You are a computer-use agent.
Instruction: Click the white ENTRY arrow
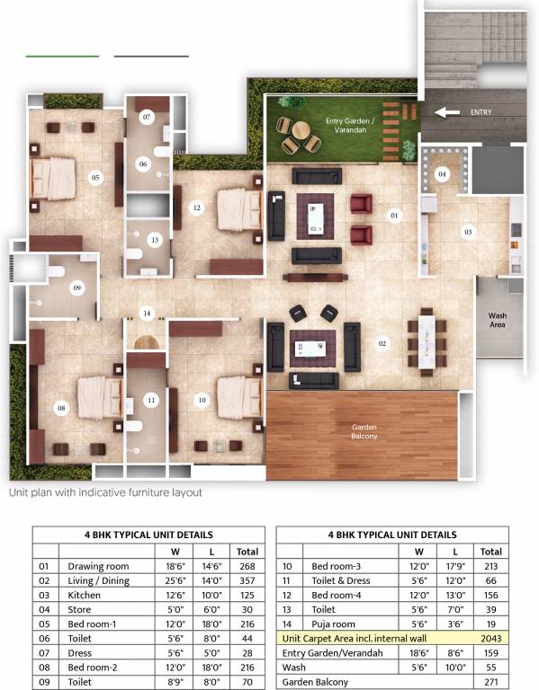pyautogui.click(x=447, y=112)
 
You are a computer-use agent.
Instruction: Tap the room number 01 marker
pyautogui.click(x=394, y=216)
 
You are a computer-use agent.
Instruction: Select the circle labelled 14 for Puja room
pyautogui.click(x=147, y=314)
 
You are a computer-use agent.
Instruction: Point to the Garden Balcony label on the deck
pyautogui.click(x=364, y=431)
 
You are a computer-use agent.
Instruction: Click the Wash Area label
pyautogui.click(x=497, y=320)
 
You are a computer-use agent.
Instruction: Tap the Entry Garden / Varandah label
pyautogui.click(x=350, y=126)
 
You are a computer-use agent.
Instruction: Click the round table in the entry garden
pyautogui.click(x=301, y=129)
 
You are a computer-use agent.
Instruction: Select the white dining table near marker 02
pyautogui.click(x=427, y=342)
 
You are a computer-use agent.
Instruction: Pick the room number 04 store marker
pyautogui.click(x=442, y=174)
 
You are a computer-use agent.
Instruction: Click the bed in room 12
pyautogui.click(x=238, y=209)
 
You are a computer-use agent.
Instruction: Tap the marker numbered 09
pyautogui.click(x=77, y=287)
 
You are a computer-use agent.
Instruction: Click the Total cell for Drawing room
pyautogui.click(x=247, y=566)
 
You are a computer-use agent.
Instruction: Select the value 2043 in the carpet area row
pyautogui.click(x=491, y=639)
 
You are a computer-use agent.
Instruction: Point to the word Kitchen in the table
pyautogui.click(x=85, y=596)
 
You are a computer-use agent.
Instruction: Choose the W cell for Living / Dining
pyautogui.click(x=175, y=581)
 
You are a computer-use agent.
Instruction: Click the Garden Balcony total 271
pyautogui.click(x=491, y=682)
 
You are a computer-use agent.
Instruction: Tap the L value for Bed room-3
pyautogui.click(x=455, y=566)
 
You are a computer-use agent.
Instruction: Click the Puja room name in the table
pyautogui.click(x=333, y=624)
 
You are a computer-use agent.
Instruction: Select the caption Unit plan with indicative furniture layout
pyautogui.click(x=105, y=492)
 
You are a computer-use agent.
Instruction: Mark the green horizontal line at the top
pyautogui.click(x=63, y=57)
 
